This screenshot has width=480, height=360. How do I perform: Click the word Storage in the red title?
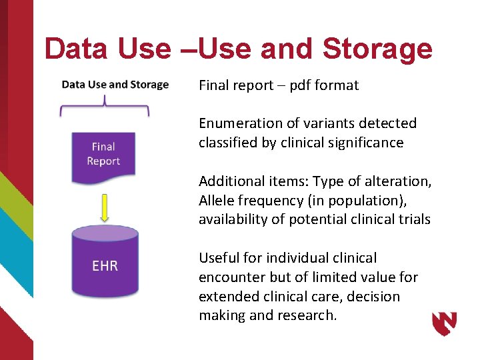(377, 49)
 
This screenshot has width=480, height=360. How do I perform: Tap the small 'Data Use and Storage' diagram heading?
(115, 85)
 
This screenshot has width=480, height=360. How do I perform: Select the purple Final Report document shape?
(103, 157)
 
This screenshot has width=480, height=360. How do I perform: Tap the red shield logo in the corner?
(445, 323)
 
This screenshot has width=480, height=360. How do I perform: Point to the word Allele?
(217, 201)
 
